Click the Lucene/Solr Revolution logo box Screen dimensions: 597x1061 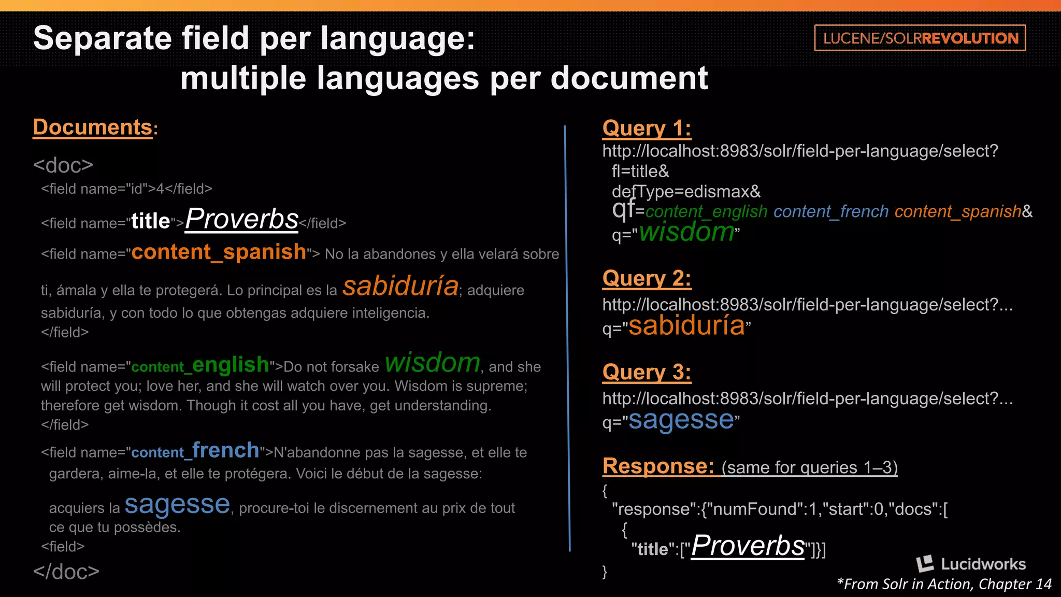pos(920,38)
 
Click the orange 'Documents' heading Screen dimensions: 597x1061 pos(93,127)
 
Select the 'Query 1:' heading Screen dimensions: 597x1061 pos(646,128)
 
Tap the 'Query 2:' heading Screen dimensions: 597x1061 pos(646,279)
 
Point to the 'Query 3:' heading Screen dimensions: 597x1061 pos(646,372)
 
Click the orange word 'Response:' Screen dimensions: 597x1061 pos(658,466)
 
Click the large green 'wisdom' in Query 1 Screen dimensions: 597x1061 pos(686,232)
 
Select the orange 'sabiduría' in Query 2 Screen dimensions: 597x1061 pos(686,325)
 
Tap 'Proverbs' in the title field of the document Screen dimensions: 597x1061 pos(242,219)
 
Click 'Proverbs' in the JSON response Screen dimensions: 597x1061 pos(748,546)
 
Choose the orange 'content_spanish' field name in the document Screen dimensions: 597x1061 pos(219,252)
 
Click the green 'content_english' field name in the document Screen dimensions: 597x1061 pos(200,365)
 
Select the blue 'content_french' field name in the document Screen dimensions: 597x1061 pos(195,450)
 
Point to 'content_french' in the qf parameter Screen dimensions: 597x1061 pos(831,211)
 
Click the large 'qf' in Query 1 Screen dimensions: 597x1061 pos(623,208)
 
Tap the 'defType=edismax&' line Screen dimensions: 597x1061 pos(686,192)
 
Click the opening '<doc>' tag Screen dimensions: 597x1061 pos(63,165)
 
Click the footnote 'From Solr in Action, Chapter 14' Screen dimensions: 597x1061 pos(944,584)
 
